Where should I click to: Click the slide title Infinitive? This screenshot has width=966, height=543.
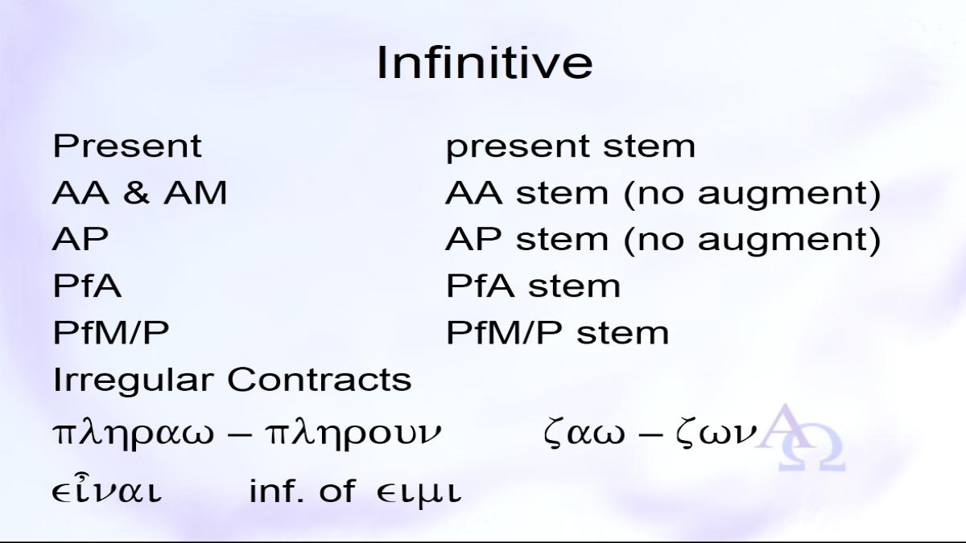click(x=485, y=63)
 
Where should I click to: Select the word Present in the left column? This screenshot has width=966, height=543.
click(x=127, y=146)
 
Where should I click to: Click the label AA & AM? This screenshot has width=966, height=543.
click(x=139, y=192)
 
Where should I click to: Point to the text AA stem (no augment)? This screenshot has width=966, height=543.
click(x=663, y=195)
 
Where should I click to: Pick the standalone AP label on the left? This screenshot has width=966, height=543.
click(x=80, y=239)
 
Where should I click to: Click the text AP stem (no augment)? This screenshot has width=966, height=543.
click(x=663, y=241)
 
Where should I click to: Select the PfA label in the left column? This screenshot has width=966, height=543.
click(x=87, y=285)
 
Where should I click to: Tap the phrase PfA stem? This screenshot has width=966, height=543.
click(x=533, y=286)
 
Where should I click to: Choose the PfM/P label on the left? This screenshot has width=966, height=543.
click(x=111, y=331)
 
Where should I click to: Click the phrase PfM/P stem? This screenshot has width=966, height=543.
click(x=557, y=332)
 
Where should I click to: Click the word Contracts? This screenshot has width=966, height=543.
click(x=319, y=379)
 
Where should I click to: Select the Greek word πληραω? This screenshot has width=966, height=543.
click(x=134, y=433)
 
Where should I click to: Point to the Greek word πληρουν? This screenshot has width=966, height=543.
click(x=353, y=433)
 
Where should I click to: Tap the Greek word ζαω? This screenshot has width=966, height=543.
click(x=584, y=433)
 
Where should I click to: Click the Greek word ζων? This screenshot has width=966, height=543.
click(x=716, y=433)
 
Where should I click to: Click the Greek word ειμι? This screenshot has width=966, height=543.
click(x=419, y=492)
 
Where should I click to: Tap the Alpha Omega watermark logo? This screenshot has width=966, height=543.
click(x=800, y=437)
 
